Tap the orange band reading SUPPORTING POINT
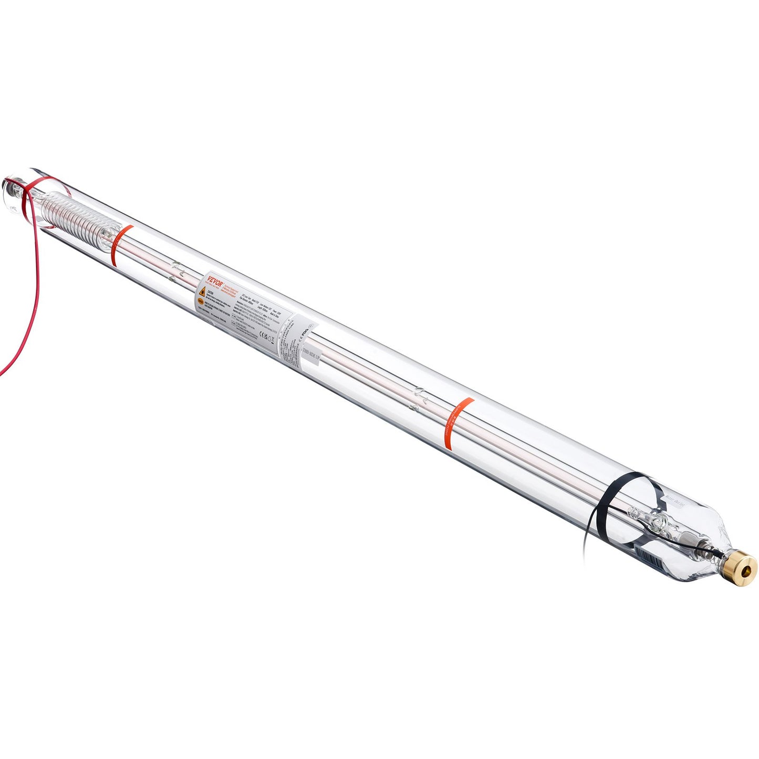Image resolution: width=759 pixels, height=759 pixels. pyautogui.click(x=455, y=423)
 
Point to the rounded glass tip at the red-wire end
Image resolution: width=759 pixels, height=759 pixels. pyautogui.click(x=9, y=186)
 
